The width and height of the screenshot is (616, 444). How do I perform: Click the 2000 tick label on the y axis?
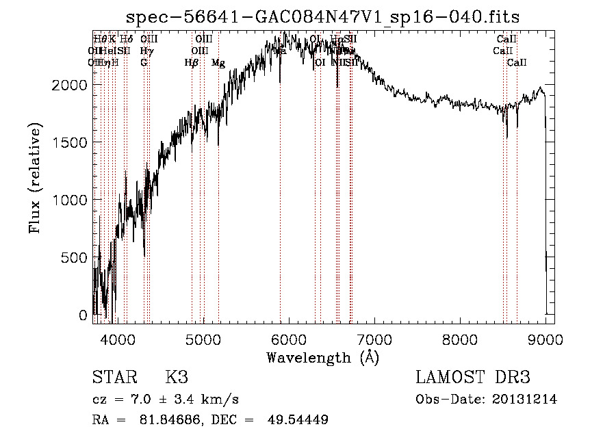point(72,84)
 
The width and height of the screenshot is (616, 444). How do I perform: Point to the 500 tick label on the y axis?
point(76,257)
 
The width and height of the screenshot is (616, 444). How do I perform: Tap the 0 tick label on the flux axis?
point(84,315)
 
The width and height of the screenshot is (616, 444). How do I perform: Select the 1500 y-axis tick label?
point(72,142)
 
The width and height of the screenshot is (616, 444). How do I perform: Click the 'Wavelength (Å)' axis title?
point(322,357)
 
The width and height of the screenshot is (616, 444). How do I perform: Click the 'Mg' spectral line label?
point(218,63)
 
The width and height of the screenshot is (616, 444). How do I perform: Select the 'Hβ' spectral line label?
point(192,63)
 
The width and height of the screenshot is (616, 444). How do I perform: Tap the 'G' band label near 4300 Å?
point(144,63)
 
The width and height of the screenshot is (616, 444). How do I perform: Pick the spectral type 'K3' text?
point(177,377)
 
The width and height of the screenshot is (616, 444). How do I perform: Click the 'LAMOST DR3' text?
point(473,377)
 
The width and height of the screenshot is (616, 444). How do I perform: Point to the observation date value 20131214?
point(528,400)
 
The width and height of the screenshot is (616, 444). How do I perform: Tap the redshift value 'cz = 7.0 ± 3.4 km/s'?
point(165,400)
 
